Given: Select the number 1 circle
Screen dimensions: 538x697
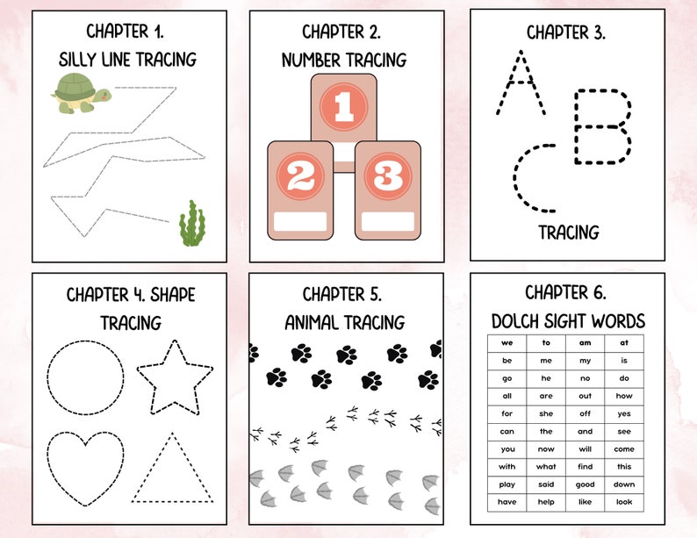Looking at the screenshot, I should [343, 108].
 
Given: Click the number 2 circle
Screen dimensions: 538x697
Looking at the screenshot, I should [300, 176].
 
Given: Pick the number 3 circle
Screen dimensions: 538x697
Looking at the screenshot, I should [384, 176].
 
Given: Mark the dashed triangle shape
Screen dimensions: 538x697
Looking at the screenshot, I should [172, 470].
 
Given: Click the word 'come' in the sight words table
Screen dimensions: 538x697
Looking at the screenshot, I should [623, 448].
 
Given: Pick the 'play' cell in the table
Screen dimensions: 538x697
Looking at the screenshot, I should [507, 484].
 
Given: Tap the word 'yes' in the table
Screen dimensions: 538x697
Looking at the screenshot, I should [623, 413].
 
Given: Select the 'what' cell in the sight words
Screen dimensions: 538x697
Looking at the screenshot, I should [546, 466].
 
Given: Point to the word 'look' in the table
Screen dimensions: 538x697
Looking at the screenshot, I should [623, 501].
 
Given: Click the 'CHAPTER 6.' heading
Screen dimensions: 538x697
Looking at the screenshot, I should [565, 292].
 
